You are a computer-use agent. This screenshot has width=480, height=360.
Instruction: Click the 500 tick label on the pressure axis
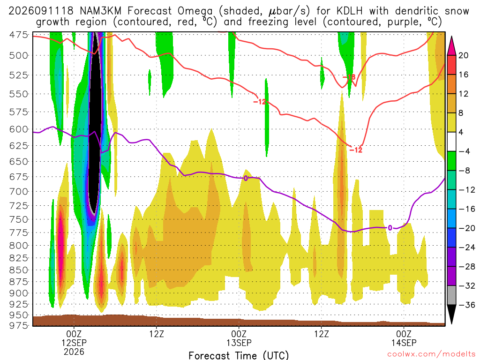coord(19,55)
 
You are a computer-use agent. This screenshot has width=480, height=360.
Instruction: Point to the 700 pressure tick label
coord(19,192)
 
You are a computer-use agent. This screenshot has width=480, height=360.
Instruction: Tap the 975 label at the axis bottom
coord(19,325)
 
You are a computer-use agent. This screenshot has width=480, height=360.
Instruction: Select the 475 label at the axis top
coord(19,35)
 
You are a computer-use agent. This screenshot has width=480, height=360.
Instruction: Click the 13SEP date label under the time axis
coord(239,343)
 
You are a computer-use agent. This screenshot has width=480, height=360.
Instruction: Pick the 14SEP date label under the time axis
coord(404,343)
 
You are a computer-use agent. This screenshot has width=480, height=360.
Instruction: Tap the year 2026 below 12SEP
coord(74,352)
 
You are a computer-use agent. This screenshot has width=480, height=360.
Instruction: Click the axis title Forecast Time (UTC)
coord(239,355)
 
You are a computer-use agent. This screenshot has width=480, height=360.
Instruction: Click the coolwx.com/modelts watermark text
coord(432,354)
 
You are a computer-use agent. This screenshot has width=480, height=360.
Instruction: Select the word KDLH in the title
coord(349,11)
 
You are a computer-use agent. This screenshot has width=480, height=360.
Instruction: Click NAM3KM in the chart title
coord(100,11)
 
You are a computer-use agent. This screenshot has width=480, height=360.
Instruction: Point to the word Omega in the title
coord(195,12)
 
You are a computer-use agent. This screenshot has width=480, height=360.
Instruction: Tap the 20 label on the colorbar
coord(463,55)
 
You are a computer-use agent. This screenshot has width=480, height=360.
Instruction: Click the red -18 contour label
coord(349,77)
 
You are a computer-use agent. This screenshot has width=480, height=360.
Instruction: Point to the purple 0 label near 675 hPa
coord(246,178)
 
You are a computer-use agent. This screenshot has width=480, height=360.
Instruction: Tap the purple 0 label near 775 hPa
coord(390,228)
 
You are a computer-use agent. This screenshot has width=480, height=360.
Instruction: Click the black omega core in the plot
coord(96,122)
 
